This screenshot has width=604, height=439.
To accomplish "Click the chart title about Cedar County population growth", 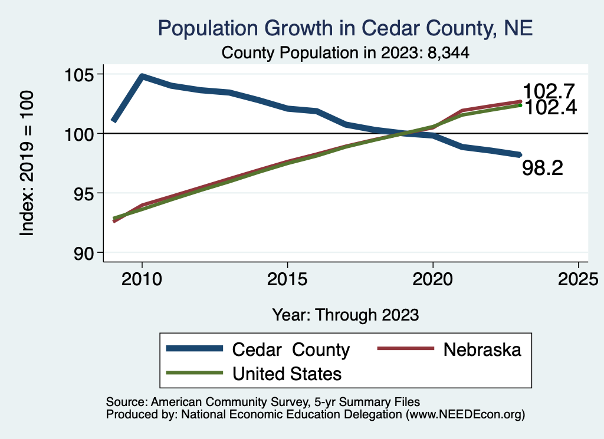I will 345,28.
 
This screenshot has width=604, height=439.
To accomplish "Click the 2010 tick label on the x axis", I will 142,278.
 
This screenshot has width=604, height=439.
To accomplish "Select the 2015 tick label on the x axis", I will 287,278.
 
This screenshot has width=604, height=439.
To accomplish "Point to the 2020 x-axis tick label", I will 433,278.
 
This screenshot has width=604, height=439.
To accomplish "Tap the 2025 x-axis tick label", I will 578,278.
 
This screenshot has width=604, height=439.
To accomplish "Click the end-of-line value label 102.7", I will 549,92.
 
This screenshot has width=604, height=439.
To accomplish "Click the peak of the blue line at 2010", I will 142,77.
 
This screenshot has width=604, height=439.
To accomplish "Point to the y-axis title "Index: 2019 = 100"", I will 28,163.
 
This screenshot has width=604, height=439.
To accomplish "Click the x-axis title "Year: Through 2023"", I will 345,315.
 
